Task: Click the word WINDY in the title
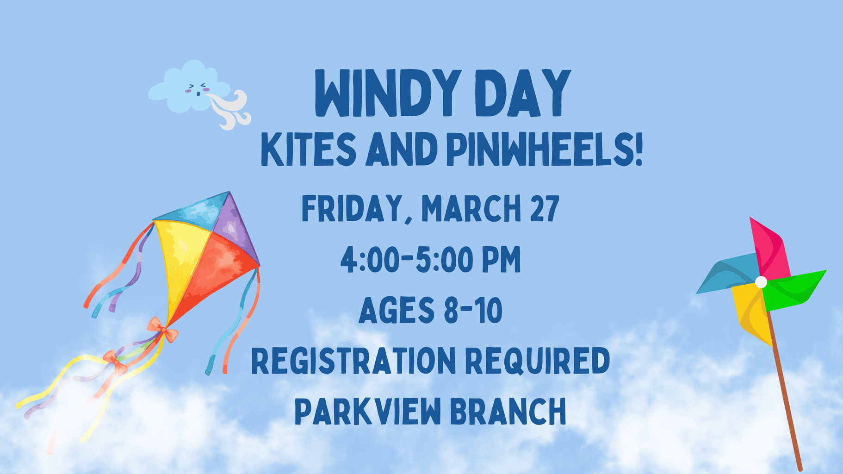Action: tap(388, 94)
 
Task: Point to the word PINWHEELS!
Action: tap(545, 149)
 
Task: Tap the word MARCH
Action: tap(471, 208)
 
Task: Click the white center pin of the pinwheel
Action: tap(761, 282)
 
